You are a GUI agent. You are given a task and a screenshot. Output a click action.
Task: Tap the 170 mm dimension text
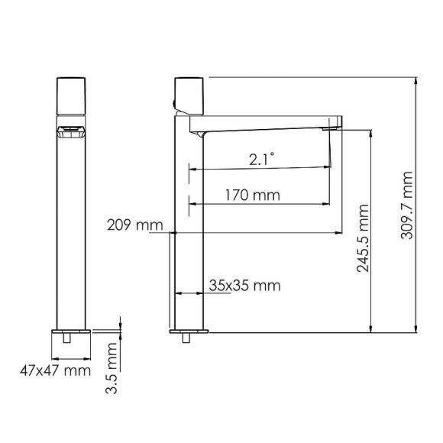252,195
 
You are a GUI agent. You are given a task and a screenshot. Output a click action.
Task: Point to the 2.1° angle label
261,159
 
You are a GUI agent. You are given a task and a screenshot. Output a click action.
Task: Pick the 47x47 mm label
53,371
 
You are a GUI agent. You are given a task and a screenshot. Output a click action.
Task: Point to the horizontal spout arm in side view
267,122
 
